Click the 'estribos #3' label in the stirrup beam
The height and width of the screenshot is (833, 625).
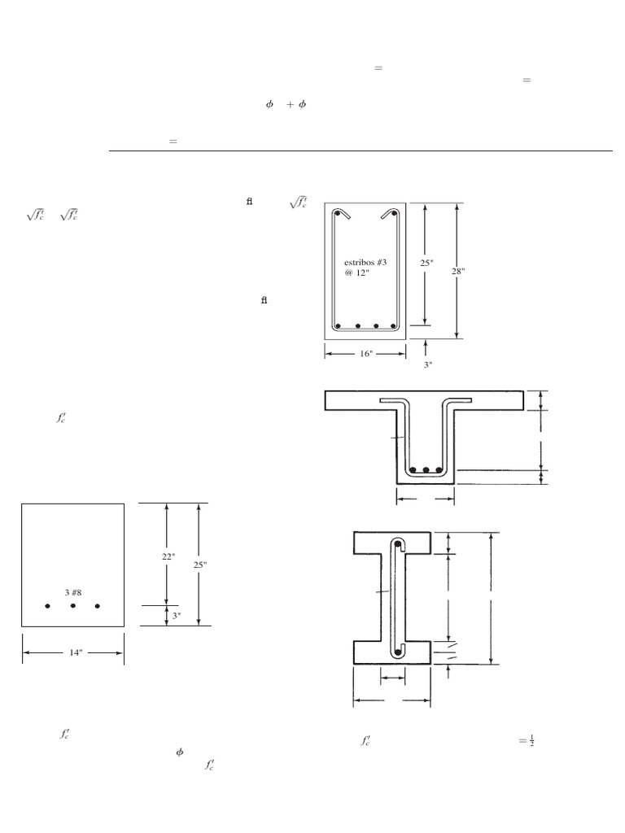tap(365, 262)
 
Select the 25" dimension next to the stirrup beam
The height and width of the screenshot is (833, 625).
tap(426, 263)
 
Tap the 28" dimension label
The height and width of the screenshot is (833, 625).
tap(458, 271)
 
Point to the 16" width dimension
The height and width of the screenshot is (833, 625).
tap(366, 353)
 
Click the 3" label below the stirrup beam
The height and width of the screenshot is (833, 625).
tap(428, 364)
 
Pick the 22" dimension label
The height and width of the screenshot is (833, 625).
tap(168, 556)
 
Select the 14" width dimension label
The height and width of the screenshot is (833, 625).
tap(76, 652)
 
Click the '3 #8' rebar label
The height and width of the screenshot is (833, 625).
tap(72, 592)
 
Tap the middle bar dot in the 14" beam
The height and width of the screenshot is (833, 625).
tap(72, 605)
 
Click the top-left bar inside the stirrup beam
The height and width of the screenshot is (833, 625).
tap(337, 214)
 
